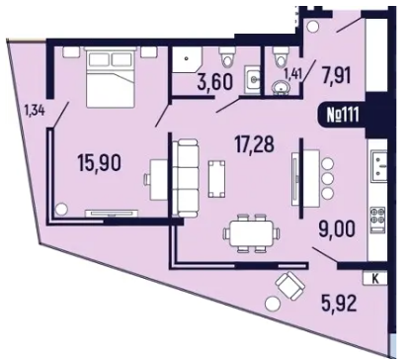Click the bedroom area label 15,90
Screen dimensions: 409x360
tap(100, 163)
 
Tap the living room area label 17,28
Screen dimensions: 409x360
tap(254, 144)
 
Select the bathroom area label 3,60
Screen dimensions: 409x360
tap(215, 82)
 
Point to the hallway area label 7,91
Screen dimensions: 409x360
tap(335, 75)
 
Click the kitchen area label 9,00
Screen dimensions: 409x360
tap(337, 229)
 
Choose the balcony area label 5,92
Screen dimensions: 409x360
tap(339, 304)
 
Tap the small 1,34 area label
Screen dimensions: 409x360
tap(35, 110)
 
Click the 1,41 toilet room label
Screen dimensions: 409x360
tap(293, 75)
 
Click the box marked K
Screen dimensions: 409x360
tap(375, 279)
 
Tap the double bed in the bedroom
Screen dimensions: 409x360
tap(110, 77)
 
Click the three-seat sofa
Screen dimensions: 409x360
tap(185, 178)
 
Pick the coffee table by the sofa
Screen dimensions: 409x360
tap(216, 179)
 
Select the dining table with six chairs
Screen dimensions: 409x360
tap(252, 233)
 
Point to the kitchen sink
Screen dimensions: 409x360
tap(378, 166)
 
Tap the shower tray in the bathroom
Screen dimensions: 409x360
tap(187, 59)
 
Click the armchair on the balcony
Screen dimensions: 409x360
tap(290, 286)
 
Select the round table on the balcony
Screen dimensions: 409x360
tap(273, 304)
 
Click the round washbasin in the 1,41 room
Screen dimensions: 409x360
tap(281, 87)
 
